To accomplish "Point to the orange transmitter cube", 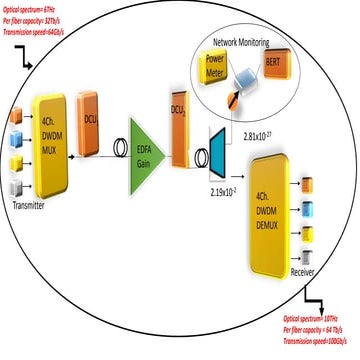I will click(x=13, y=114).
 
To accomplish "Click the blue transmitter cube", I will click(x=13, y=136).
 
